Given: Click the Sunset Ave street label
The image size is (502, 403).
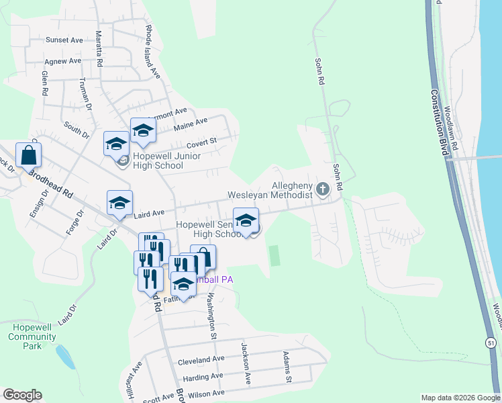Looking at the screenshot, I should (x=64, y=40).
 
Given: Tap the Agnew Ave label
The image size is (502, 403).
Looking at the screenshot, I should (x=63, y=61).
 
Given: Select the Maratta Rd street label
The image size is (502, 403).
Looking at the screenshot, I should (x=99, y=48).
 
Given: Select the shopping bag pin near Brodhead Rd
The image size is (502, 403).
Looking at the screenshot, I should (x=30, y=155).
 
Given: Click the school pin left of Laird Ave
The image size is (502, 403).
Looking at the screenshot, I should (x=119, y=202).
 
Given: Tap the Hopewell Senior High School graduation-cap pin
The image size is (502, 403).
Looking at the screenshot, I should (x=246, y=220).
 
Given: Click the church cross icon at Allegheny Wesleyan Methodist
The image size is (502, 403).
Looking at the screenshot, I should (x=323, y=189).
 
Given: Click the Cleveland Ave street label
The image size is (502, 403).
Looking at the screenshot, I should (x=201, y=360).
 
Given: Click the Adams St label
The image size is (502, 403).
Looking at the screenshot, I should (x=287, y=367).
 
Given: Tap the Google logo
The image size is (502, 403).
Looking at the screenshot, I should (x=23, y=395).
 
